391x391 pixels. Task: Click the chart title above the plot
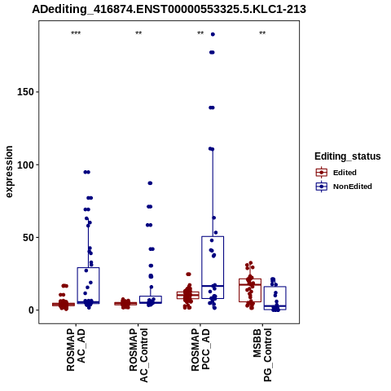169,9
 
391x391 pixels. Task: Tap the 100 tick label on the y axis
25,165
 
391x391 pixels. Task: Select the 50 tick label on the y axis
29,238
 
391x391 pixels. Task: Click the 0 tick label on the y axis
32,310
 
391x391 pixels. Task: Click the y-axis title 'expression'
9,172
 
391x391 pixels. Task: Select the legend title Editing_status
348,156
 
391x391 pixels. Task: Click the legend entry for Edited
336,173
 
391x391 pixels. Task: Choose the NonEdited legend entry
344,187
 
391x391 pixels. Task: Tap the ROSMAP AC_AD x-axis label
76,350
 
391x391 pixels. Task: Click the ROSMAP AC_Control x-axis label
138,355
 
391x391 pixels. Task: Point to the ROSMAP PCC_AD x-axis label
200,350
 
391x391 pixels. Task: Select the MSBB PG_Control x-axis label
262,355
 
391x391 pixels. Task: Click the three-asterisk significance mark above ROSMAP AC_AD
76,33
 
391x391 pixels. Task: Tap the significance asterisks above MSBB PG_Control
262,33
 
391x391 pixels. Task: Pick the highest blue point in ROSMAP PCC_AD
213,34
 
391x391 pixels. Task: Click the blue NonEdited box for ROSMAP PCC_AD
213,236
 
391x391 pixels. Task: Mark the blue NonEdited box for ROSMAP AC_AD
88,268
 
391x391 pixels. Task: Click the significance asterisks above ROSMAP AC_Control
138,33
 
